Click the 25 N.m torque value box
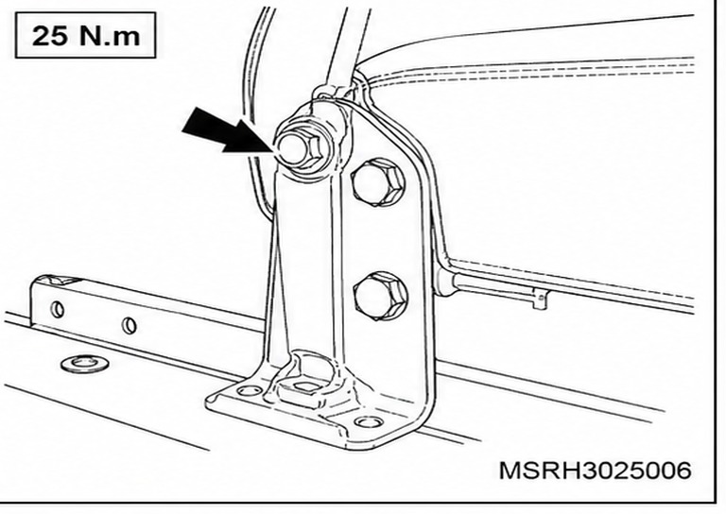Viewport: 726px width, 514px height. [x=86, y=35]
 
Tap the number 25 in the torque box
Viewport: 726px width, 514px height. [x=50, y=35]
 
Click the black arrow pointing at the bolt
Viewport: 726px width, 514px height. [x=227, y=131]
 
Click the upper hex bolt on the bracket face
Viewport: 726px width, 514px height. [x=378, y=181]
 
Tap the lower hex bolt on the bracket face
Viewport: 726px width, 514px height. [x=381, y=296]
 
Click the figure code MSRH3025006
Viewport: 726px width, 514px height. [x=595, y=471]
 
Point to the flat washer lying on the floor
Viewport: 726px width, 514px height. [x=85, y=363]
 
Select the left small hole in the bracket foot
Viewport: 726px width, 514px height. [x=249, y=391]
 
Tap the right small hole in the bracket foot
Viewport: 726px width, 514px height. [x=369, y=421]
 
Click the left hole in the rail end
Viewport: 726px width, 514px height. [x=58, y=309]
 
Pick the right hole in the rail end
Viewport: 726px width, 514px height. [x=130, y=326]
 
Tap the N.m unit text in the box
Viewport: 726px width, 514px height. [x=110, y=36]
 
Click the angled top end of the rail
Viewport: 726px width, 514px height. [x=55, y=281]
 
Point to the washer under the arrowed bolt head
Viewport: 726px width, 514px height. [x=310, y=147]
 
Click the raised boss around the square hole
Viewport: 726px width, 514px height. [x=303, y=377]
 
